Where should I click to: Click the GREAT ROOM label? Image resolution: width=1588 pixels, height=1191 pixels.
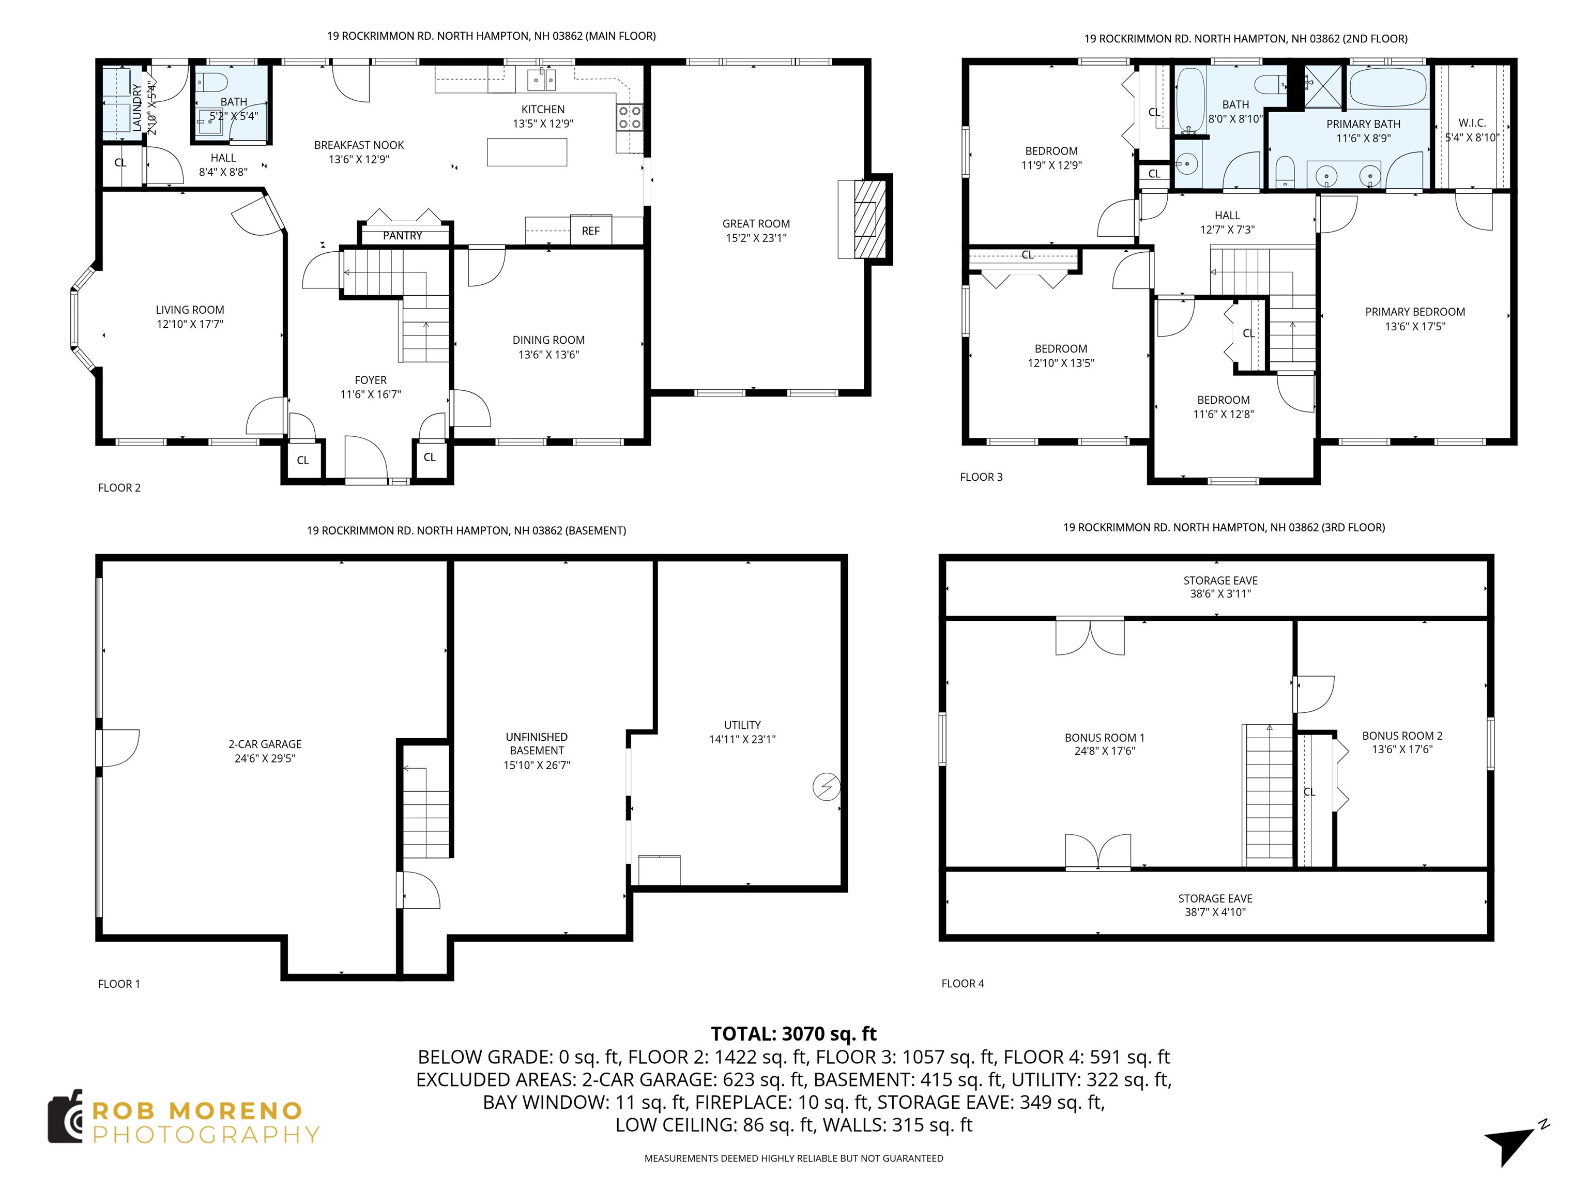(x=756, y=224)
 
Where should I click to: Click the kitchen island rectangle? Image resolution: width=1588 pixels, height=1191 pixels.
(x=527, y=152)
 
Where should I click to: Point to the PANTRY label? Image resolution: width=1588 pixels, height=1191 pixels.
(x=402, y=236)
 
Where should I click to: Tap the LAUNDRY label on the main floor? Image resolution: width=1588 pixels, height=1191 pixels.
(x=137, y=108)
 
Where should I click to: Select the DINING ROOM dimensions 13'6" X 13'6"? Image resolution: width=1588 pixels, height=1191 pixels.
(x=548, y=355)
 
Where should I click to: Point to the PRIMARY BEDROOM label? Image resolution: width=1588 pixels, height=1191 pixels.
(x=1414, y=312)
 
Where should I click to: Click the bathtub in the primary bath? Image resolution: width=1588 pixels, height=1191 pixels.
(x=1387, y=87)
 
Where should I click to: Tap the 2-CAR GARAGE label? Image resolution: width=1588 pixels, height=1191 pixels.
(x=265, y=744)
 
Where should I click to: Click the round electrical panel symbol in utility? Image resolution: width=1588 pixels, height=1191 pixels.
(x=826, y=787)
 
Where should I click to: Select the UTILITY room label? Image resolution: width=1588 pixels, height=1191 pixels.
(x=742, y=725)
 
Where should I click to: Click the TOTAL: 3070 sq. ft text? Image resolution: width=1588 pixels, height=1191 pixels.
(x=793, y=1034)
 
